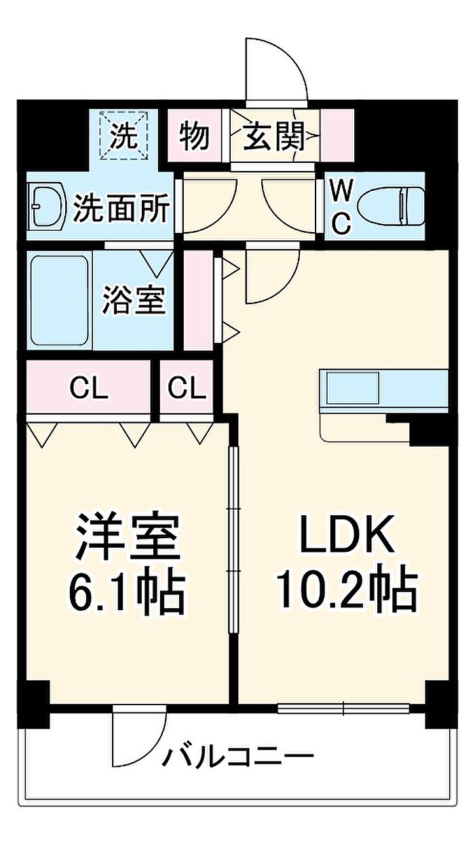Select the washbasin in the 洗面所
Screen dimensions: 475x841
[47, 206]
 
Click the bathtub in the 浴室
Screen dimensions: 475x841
[59, 300]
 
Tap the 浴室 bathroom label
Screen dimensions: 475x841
[134, 299]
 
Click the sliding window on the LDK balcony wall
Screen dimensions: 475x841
[343, 708]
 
